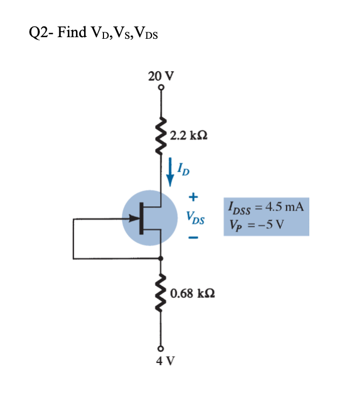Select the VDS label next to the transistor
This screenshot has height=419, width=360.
[196, 219]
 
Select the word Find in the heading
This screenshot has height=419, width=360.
[72, 33]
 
